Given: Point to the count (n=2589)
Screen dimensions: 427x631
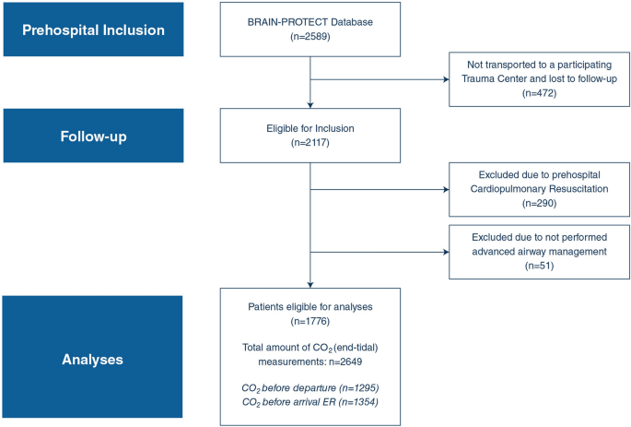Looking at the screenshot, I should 310,38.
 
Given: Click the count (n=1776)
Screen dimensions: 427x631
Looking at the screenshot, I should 310,321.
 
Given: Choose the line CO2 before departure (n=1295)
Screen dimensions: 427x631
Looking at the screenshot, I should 310,388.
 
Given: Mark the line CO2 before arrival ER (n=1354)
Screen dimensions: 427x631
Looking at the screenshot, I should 310,402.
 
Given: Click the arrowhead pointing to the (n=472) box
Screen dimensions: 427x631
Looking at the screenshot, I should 443,80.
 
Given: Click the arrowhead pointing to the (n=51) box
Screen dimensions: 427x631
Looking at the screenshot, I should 443,251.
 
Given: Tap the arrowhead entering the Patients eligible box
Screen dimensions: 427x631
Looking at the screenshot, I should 310,284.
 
